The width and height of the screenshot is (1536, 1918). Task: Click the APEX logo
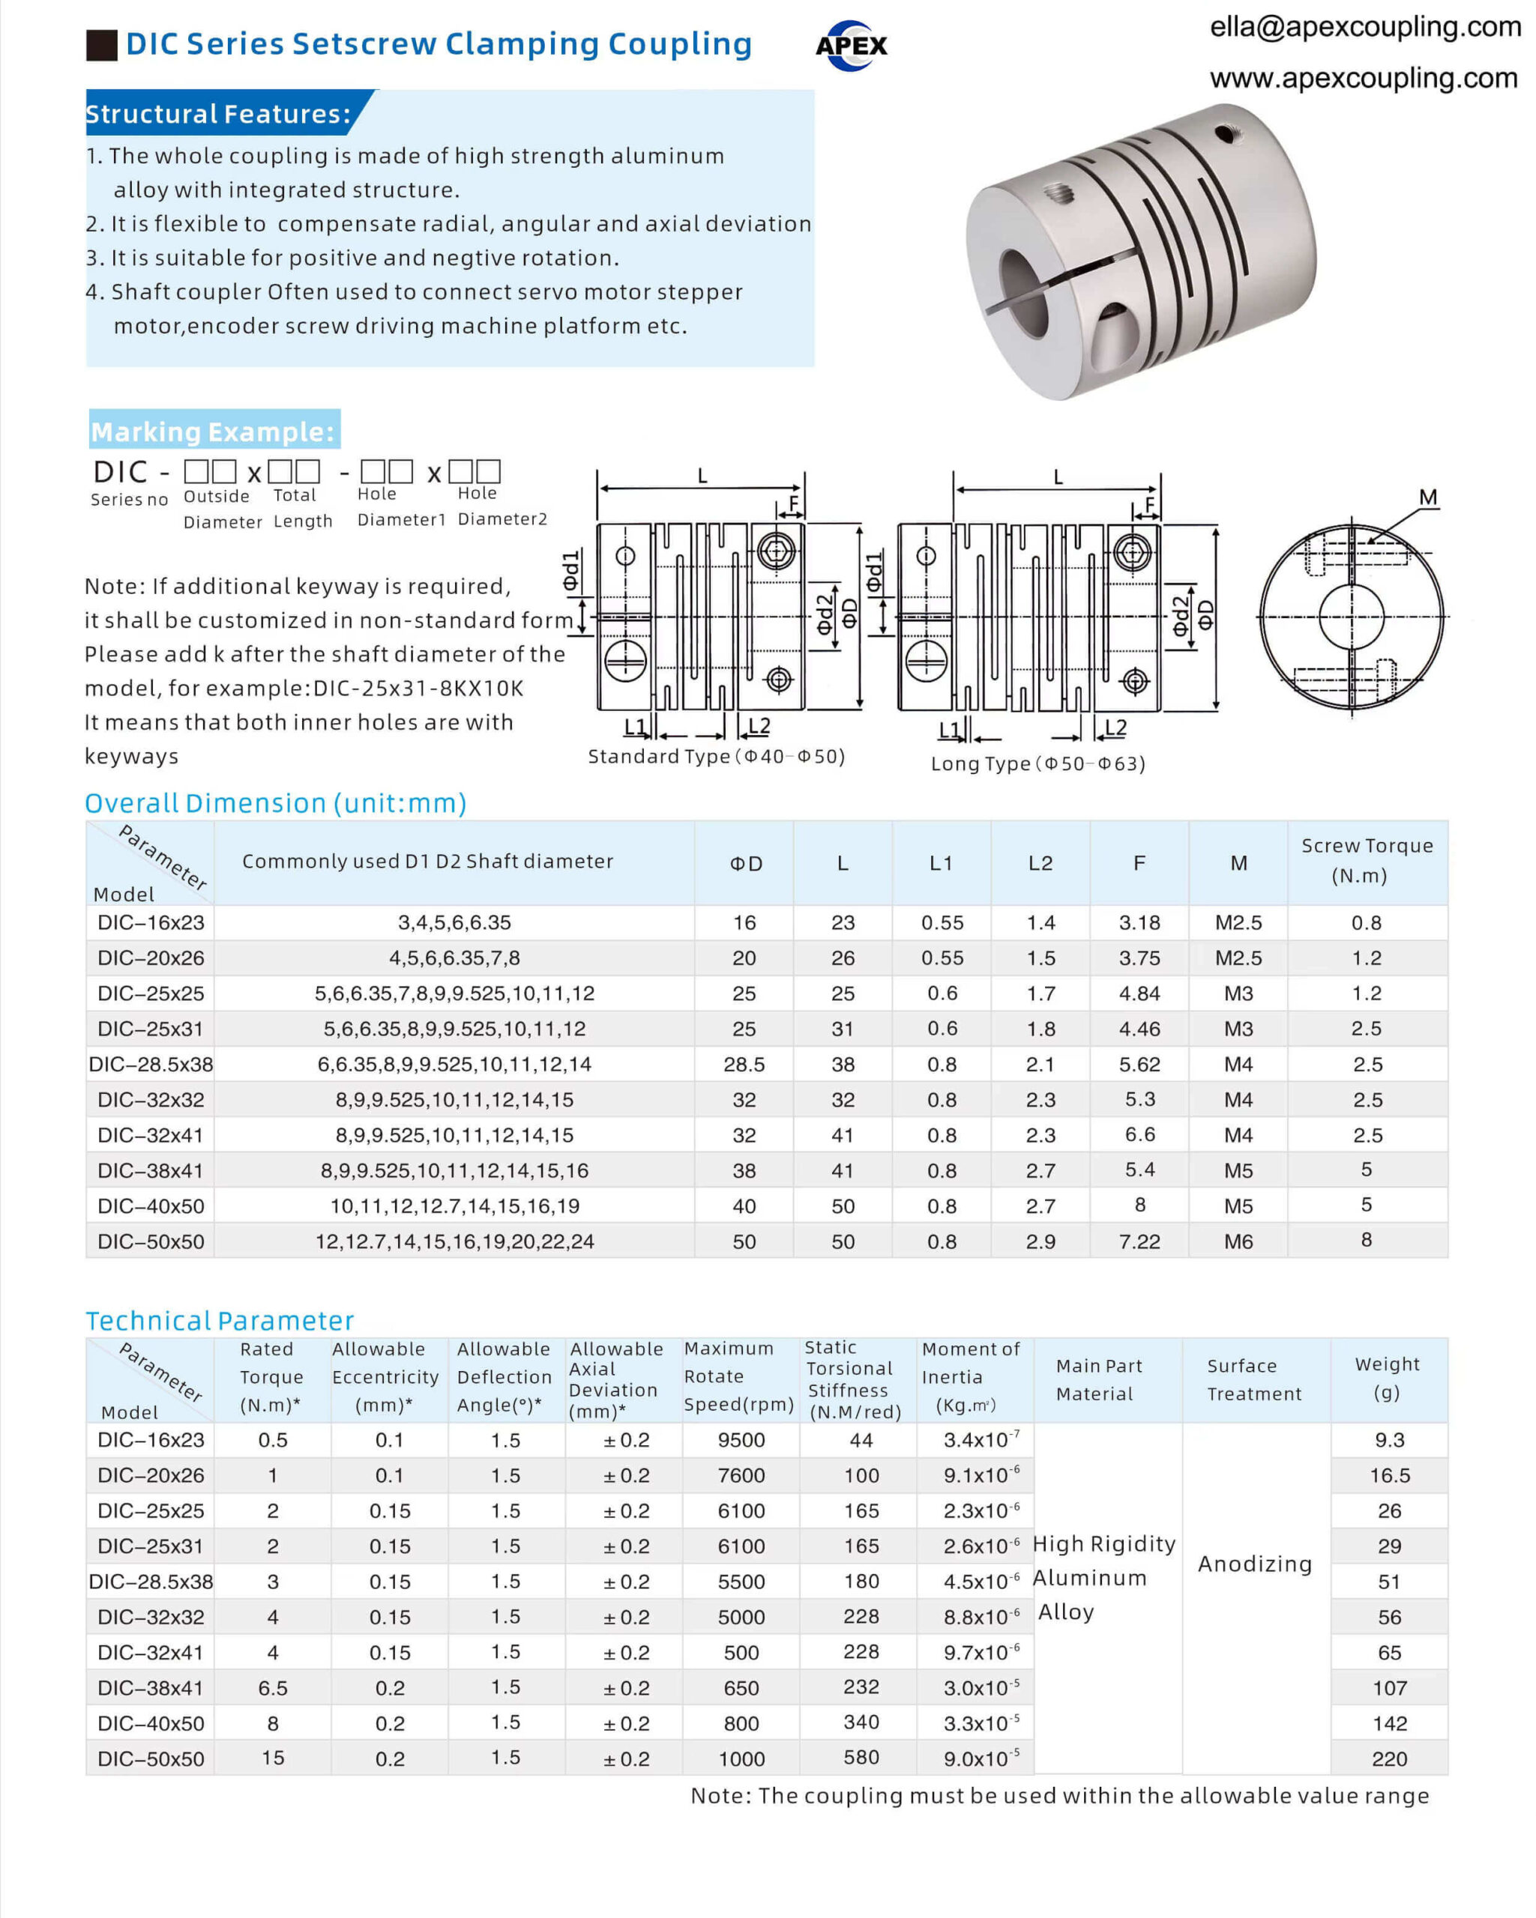[851, 46]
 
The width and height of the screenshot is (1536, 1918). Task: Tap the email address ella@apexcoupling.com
[1364, 27]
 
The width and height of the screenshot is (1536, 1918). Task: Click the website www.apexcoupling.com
[1363, 78]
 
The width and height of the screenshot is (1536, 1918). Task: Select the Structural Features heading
[218, 114]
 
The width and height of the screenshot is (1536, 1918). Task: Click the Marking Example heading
[214, 432]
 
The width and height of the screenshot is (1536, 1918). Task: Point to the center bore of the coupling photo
[1025, 293]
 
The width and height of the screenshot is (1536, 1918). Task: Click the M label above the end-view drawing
[1427, 497]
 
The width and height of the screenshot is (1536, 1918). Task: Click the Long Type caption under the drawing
[1037, 763]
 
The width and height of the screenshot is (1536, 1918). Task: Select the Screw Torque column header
[1366, 860]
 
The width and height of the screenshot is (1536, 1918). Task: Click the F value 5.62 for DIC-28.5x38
[1139, 1064]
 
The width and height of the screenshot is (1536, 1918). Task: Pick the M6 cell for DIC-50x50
[1238, 1241]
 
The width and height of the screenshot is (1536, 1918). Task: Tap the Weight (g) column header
[1387, 1378]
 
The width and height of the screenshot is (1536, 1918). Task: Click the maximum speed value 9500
[741, 1440]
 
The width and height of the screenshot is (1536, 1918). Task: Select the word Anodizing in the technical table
[1254, 1564]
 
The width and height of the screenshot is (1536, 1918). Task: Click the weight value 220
[1388, 1758]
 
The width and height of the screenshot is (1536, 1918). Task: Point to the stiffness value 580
[861, 1758]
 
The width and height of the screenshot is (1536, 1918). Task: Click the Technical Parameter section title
[220, 1320]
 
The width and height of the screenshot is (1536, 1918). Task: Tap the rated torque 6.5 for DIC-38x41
[272, 1687]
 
